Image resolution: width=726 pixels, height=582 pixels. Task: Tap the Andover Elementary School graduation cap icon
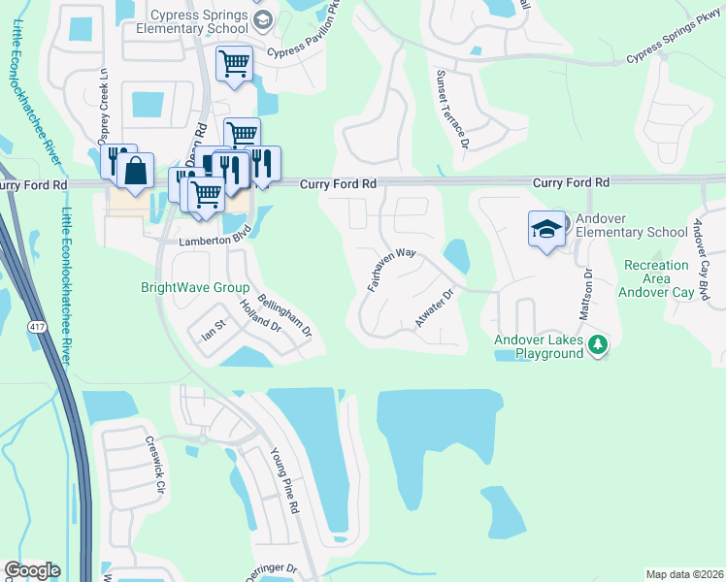546,230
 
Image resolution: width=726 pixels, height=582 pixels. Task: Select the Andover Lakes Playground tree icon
599,344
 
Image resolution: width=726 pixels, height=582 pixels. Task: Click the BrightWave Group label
196,288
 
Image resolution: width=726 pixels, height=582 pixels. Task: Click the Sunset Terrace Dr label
452,109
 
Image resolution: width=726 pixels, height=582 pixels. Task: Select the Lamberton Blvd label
208,241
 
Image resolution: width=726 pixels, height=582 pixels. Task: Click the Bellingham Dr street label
286,313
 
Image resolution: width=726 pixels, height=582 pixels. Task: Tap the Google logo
32,570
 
